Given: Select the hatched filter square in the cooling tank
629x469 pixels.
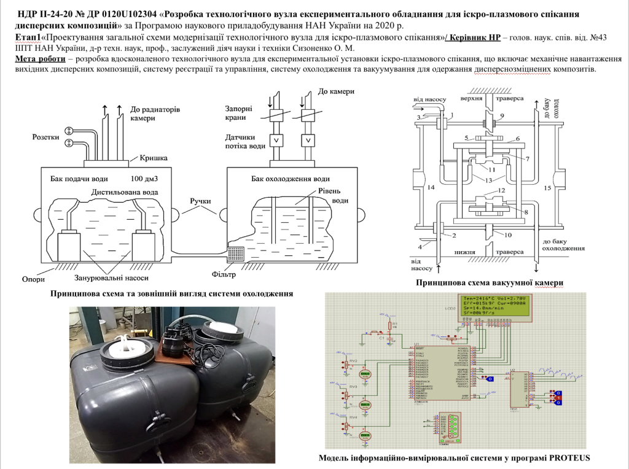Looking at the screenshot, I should click(x=236, y=253).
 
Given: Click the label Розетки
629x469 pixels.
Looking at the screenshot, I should click(x=45, y=138).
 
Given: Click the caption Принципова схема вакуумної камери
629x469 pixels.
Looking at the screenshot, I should click(x=490, y=282).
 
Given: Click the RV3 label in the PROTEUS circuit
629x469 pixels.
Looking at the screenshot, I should click(x=353, y=387).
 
